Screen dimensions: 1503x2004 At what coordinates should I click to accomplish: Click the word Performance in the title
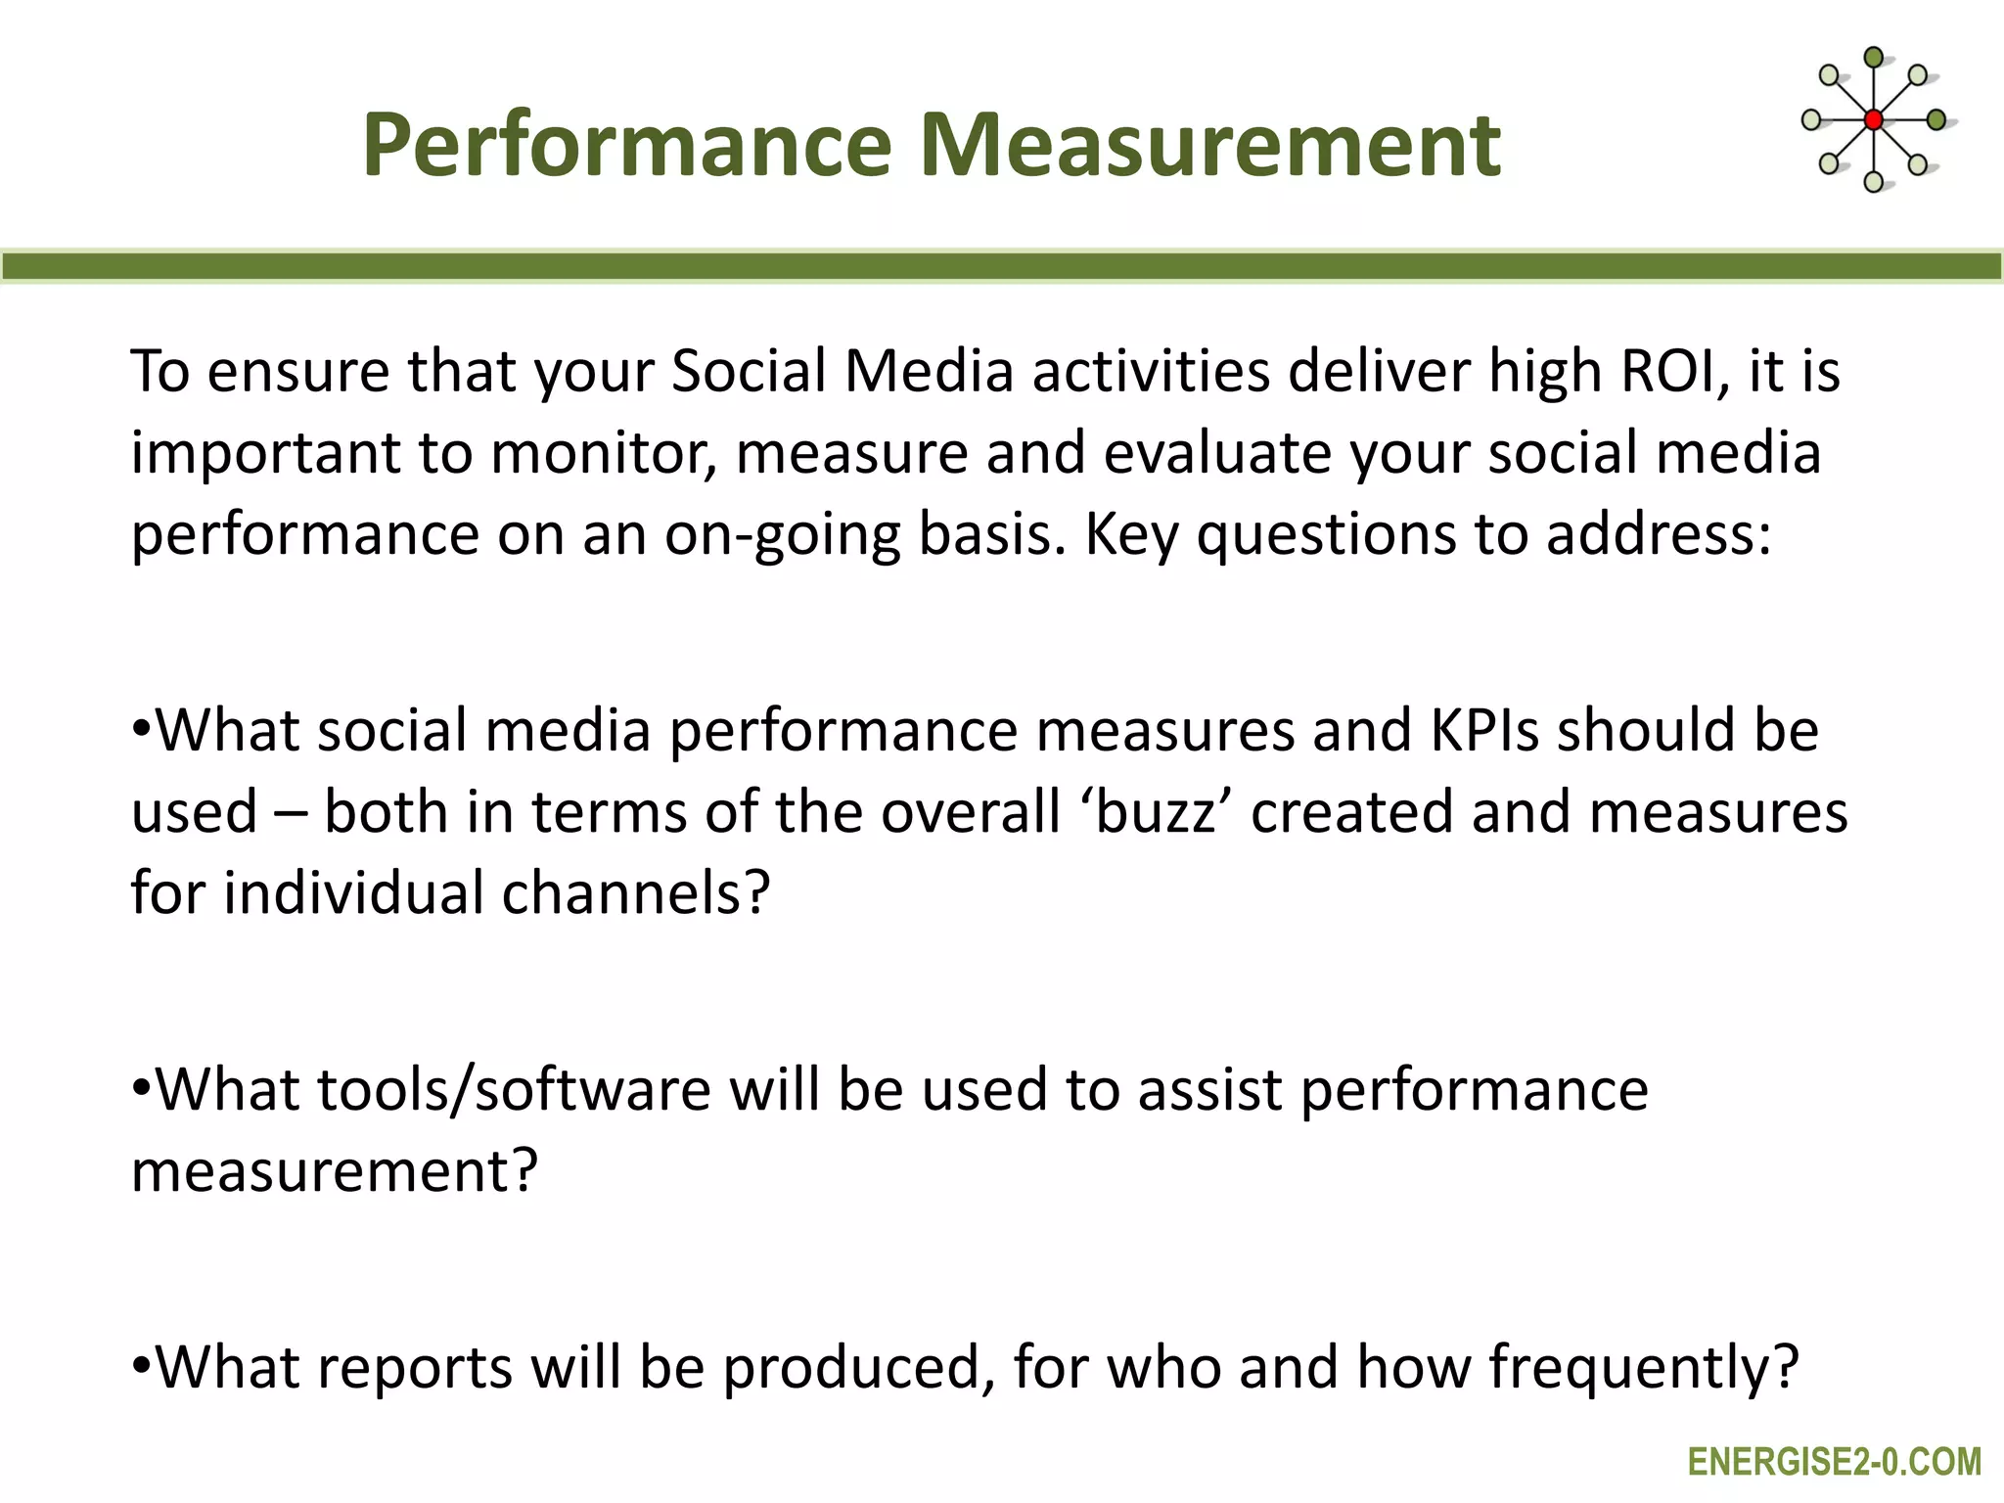pos(626,147)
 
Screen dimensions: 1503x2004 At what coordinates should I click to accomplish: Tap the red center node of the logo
pos(1873,120)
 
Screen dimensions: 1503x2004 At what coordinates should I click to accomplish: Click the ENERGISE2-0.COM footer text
pos(1834,1462)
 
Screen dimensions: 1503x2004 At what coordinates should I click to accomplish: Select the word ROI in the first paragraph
pos(1676,372)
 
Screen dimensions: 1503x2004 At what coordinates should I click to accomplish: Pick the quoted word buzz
pos(1155,812)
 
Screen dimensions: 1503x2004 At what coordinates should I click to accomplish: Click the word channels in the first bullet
pos(636,893)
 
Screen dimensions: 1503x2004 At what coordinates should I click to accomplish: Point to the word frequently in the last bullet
pos(1644,1367)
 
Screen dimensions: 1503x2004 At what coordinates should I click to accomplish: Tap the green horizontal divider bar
pos(1002,266)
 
